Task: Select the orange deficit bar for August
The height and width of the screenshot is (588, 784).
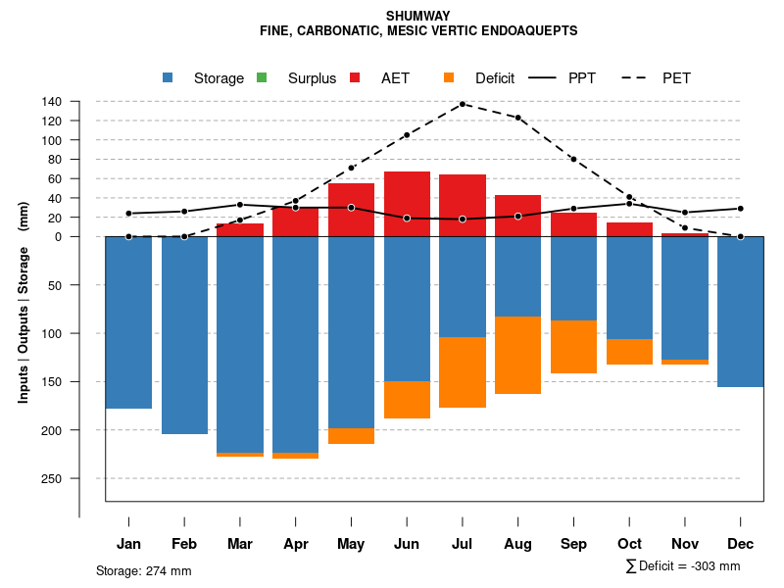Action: [518, 355]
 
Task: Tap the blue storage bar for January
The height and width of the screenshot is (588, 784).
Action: [128, 322]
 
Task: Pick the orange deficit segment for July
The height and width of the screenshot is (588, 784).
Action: [463, 371]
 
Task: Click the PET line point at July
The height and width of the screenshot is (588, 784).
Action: [463, 104]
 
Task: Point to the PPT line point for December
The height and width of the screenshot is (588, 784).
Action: [741, 209]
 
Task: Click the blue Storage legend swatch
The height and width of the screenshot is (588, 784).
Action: [168, 77]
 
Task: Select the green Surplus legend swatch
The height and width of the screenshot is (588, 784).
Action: [261, 77]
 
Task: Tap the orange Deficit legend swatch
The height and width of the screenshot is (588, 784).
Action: [449, 77]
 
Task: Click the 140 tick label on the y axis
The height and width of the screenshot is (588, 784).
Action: [52, 102]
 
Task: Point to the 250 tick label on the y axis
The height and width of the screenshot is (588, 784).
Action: [52, 478]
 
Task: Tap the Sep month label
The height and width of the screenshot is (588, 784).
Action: [573, 544]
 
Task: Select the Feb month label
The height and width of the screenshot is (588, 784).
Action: [184, 544]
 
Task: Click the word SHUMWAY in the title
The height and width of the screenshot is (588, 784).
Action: [418, 16]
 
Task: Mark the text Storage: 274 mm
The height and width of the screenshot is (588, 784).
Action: [144, 570]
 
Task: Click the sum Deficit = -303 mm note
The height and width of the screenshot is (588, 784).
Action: [682, 566]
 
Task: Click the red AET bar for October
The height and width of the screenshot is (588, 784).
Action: [629, 229]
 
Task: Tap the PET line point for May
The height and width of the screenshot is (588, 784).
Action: [351, 168]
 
